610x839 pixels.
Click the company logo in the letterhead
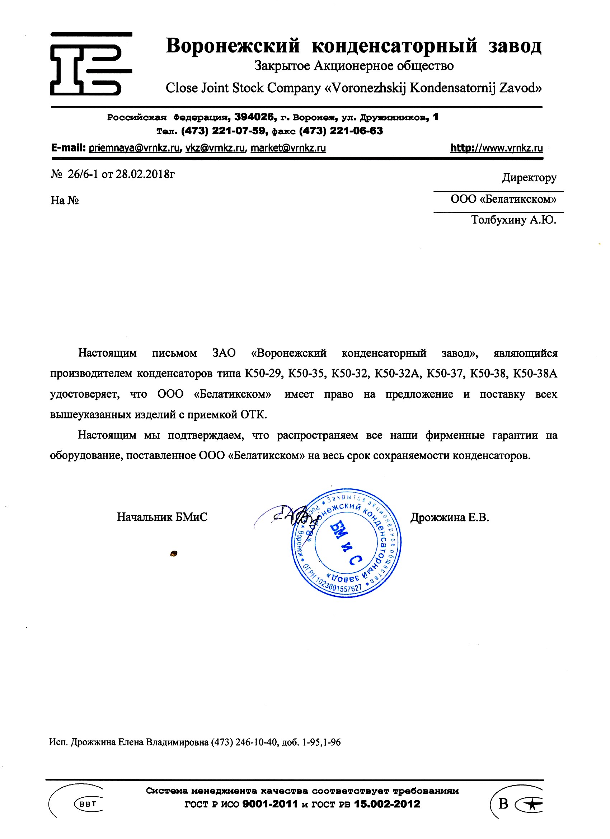(x=91, y=64)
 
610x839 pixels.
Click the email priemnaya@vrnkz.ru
(x=134, y=148)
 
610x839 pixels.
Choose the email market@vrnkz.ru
(x=288, y=148)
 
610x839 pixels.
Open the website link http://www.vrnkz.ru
(x=497, y=148)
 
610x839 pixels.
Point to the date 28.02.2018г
(x=145, y=174)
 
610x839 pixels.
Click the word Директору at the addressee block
(x=529, y=178)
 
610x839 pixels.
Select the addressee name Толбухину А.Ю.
(x=513, y=220)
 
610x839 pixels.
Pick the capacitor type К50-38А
(x=535, y=374)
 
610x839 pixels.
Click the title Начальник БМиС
(x=162, y=517)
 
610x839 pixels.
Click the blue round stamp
(x=346, y=543)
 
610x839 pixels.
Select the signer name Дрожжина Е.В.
(x=450, y=517)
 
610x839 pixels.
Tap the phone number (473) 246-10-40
(x=244, y=742)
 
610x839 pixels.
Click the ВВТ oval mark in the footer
(x=88, y=804)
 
